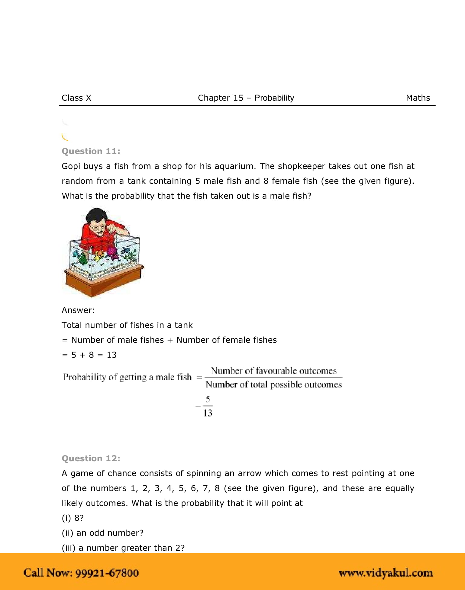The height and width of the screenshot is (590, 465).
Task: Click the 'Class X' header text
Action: (76, 98)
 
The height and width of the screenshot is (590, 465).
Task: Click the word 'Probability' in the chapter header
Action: (274, 98)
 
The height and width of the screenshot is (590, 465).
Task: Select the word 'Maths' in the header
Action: (418, 98)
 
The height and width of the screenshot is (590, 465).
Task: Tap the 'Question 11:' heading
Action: (91, 151)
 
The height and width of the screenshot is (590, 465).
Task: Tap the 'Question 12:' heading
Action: (91, 458)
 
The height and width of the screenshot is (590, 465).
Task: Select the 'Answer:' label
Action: (78, 310)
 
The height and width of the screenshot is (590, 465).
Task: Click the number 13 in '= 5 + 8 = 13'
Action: (111, 355)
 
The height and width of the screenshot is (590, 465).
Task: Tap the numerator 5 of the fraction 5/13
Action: (208, 399)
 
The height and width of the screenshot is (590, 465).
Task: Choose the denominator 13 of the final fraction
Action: (208, 413)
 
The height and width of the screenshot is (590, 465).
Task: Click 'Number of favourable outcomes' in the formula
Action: (273, 371)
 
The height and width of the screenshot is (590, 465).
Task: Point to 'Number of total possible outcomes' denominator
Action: (273, 384)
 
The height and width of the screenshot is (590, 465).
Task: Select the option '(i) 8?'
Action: (73, 518)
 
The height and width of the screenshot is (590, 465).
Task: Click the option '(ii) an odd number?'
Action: (102, 533)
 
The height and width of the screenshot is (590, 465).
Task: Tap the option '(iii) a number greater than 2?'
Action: (123, 548)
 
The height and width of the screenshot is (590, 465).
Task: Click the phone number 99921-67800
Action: (107, 573)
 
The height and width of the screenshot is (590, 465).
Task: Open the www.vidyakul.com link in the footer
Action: (386, 573)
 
